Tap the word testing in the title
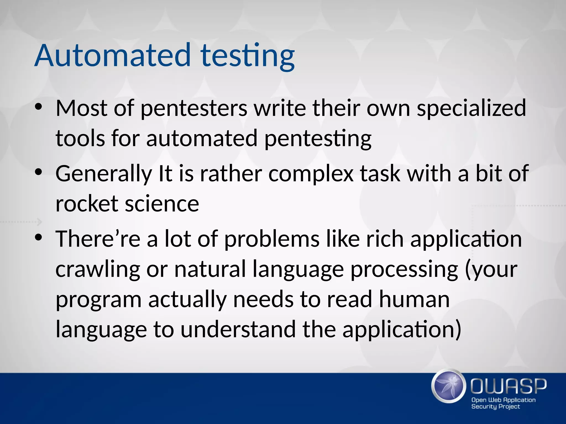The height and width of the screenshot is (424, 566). (248, 56)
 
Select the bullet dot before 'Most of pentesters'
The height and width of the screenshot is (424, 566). (38, 107)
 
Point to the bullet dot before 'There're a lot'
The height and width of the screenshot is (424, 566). (38, 237)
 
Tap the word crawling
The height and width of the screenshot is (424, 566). (98, 270)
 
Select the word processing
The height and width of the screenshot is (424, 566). (404, 270)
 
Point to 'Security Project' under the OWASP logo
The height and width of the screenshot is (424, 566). (495, 406)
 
